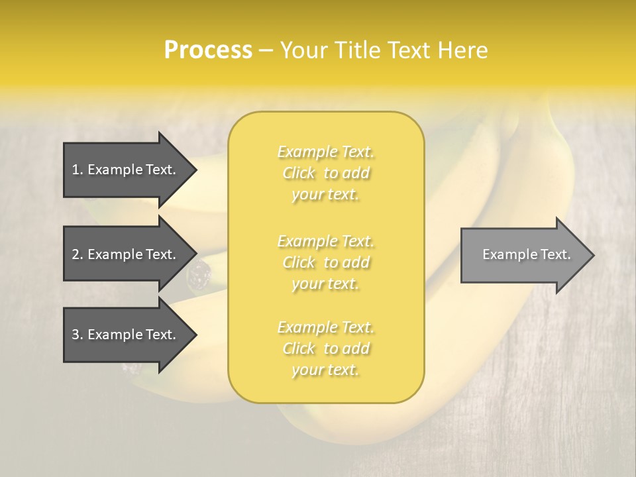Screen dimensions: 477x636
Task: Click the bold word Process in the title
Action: click(208, 50)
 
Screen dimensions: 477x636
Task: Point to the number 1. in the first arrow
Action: click(78, 170)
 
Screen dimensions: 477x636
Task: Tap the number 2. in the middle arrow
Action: click(78, 254)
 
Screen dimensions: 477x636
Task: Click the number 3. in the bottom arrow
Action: click(78, 335)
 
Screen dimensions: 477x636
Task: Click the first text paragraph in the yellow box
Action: click(326, 173)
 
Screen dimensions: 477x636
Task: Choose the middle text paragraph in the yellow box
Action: click(326, 262)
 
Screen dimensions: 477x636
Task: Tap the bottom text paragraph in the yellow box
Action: click(326, 348)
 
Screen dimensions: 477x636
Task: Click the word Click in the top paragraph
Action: click(299, 174)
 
